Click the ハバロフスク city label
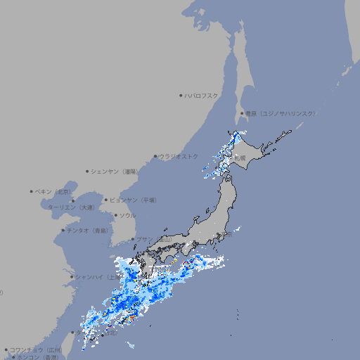coord(202,95)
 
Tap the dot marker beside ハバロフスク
coord(181,95)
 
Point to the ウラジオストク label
coord(179,156)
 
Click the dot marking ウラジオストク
coord(155,156)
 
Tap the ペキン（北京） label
coord(54,191)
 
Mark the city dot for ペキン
coord(32,191)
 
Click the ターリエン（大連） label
coord(71,207)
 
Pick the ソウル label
coord(127,215)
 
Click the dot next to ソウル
coord(115,215)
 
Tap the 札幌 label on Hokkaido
coord(241,158)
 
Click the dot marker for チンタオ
coord(63,230)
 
